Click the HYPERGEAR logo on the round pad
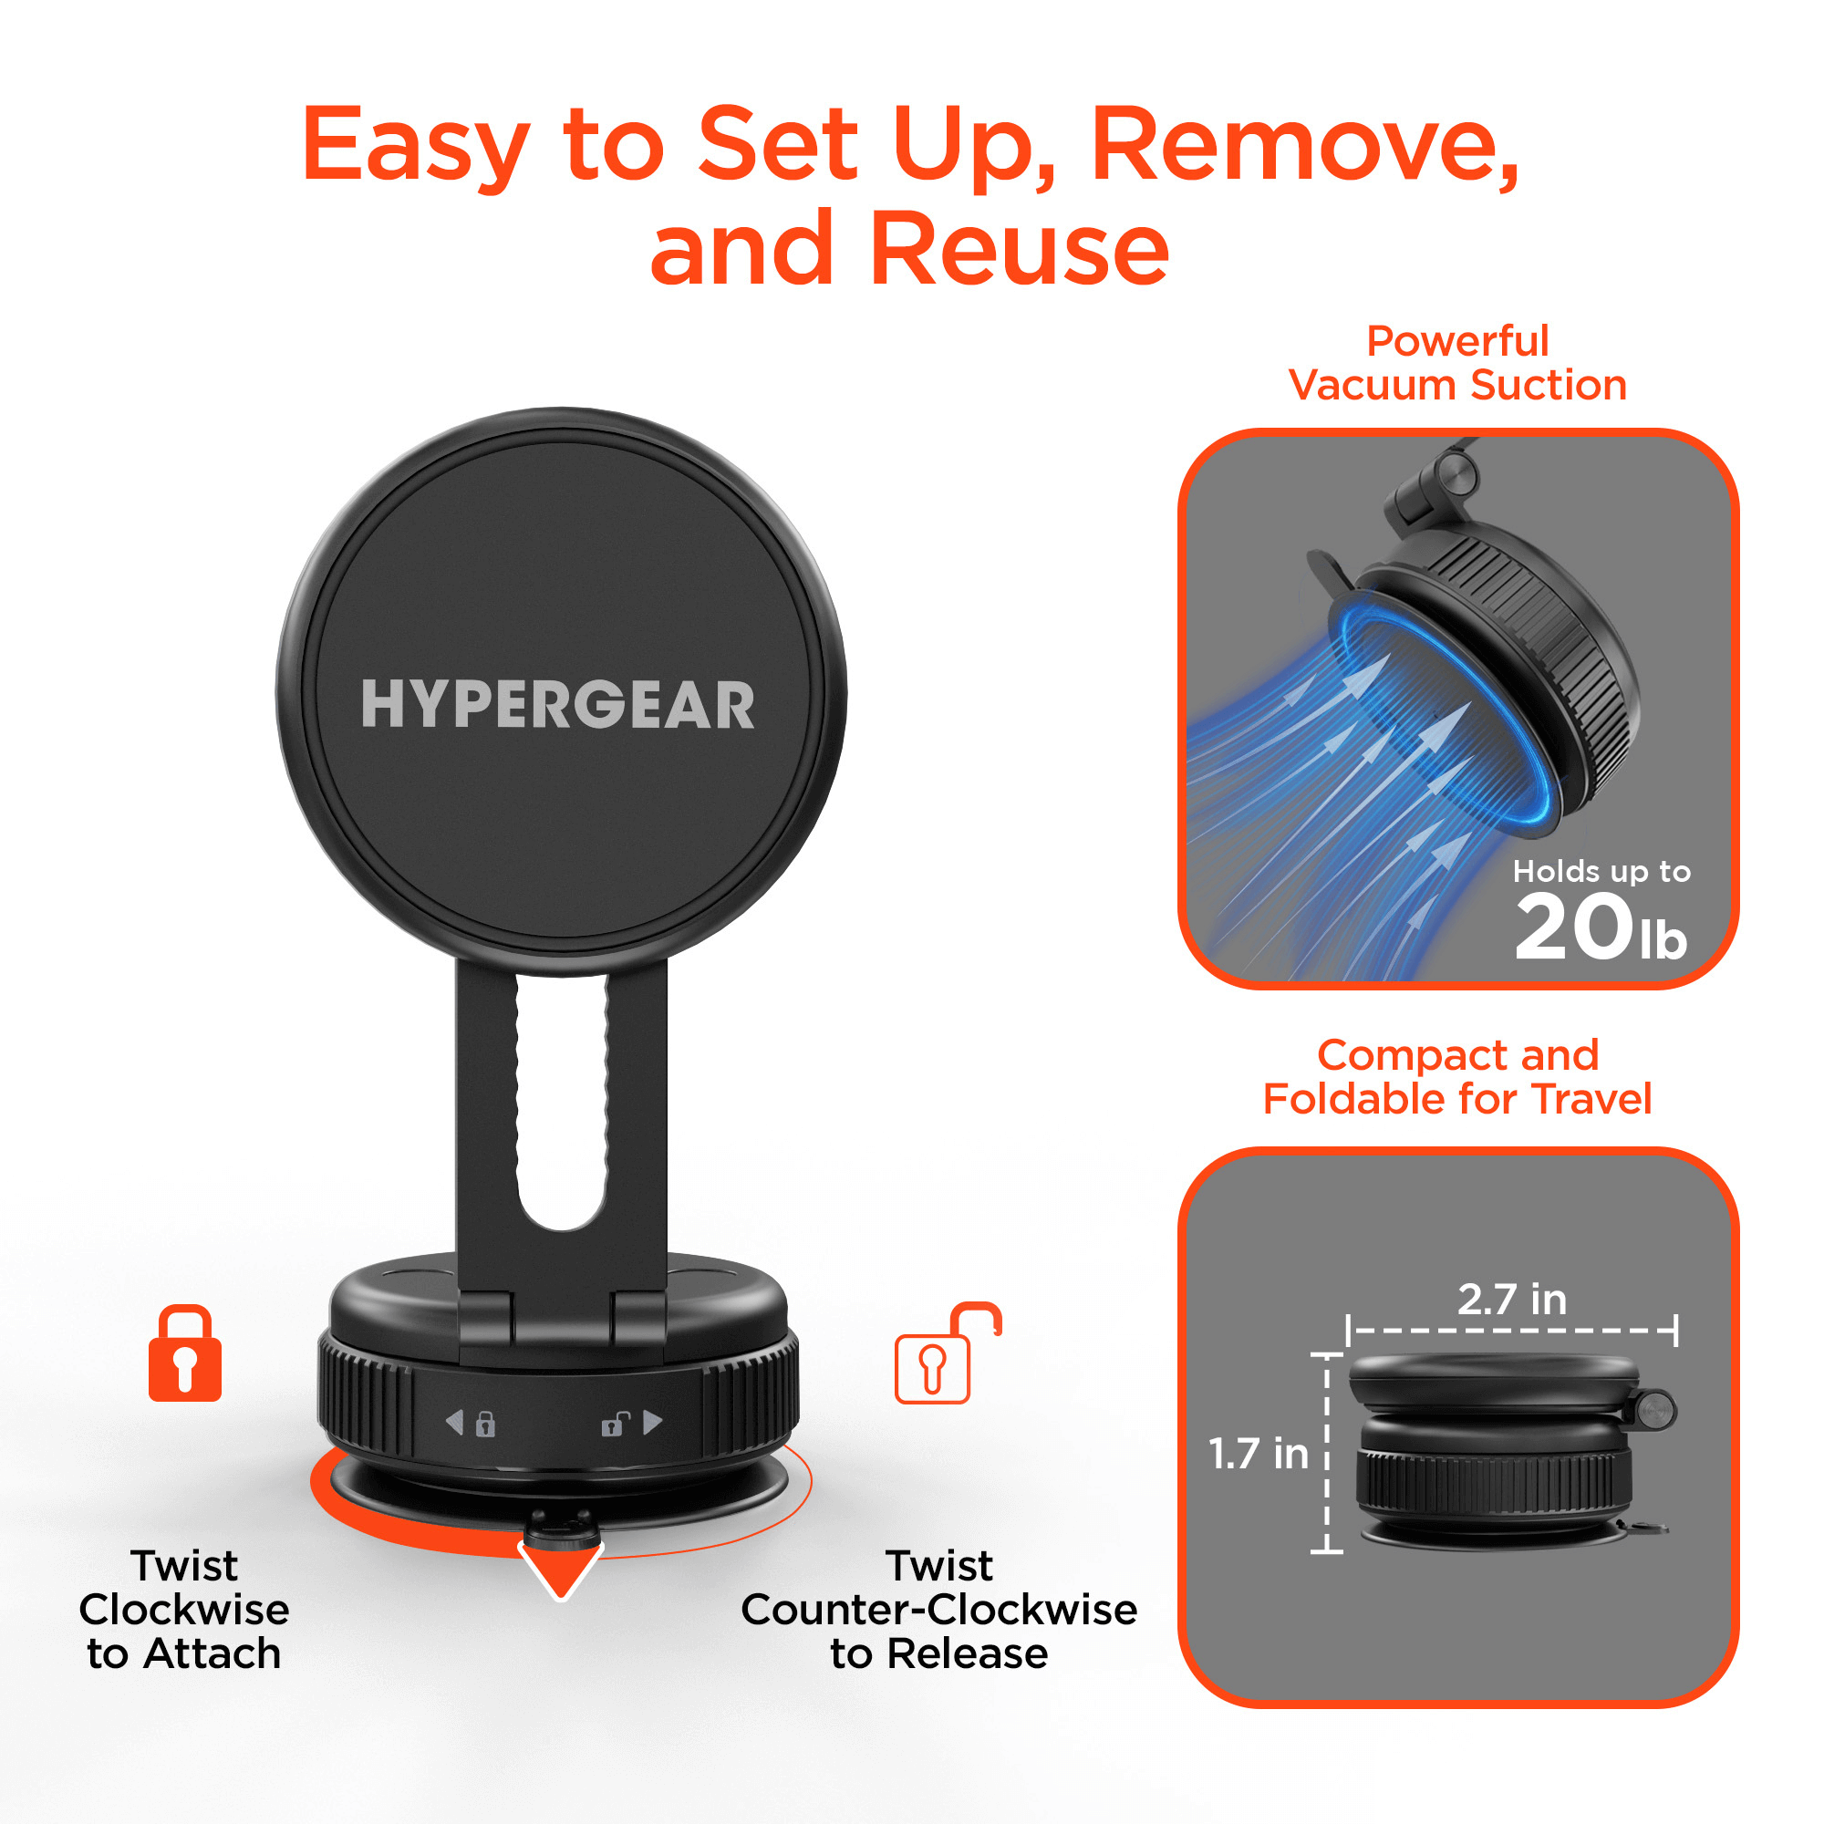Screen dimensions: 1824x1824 tap(557, 704)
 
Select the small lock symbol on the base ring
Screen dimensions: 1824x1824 tap(485, 1424)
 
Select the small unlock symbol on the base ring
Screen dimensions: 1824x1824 tap(616, 1424)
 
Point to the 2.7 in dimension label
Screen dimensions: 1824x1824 tap(1511, 1300)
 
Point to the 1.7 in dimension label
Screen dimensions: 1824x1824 tap(1259, 1454)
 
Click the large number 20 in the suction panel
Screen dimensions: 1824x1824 tap(1573, 929)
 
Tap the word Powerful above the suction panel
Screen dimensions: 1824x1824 tap(1457, 342)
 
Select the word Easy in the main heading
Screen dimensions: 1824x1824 tap(415, 146)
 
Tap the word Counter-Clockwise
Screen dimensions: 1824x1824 tap(938, 1610)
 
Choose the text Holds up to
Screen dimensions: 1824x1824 tap(1601, 870)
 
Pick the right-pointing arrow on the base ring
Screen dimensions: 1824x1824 tap(653, 1422)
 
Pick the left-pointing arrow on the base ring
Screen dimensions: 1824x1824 tap(455, 1422)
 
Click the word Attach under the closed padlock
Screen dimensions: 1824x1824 tap(212, 1654)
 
